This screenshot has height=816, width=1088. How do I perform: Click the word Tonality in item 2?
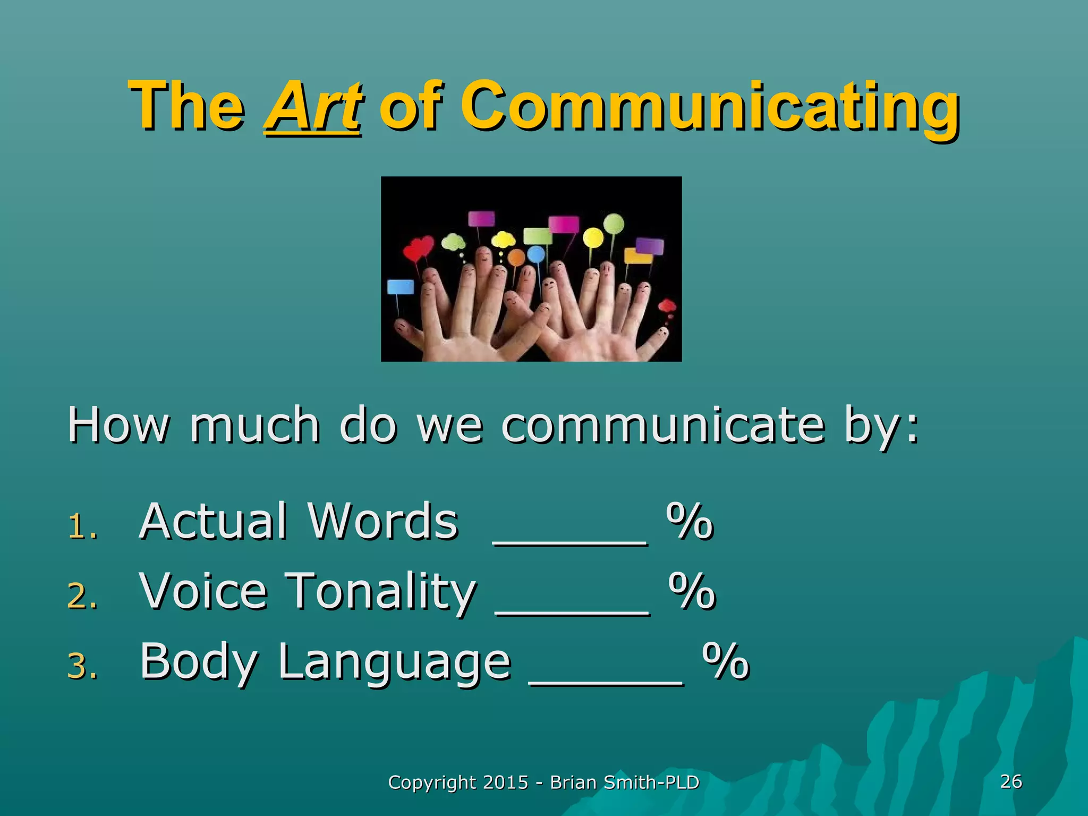click(381, 591)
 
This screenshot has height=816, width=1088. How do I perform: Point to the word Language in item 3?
click(394, 661)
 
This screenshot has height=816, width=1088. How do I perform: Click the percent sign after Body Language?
click(725, 661)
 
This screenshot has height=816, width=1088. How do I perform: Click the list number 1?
click(82, 527)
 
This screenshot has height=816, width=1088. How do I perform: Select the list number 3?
click(82, 667)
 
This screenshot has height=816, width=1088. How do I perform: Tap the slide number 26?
click(1011, 781)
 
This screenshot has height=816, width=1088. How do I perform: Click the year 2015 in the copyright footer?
click(506, 783)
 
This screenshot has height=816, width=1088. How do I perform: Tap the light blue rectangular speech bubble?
click(401, 287)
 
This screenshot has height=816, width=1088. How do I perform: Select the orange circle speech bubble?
click(516, 258)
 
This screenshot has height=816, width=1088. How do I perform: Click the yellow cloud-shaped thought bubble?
click(503, 240)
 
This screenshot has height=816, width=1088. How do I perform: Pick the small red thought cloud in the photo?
click(667, 306)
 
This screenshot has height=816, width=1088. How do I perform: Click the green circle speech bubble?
click(614, 223)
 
